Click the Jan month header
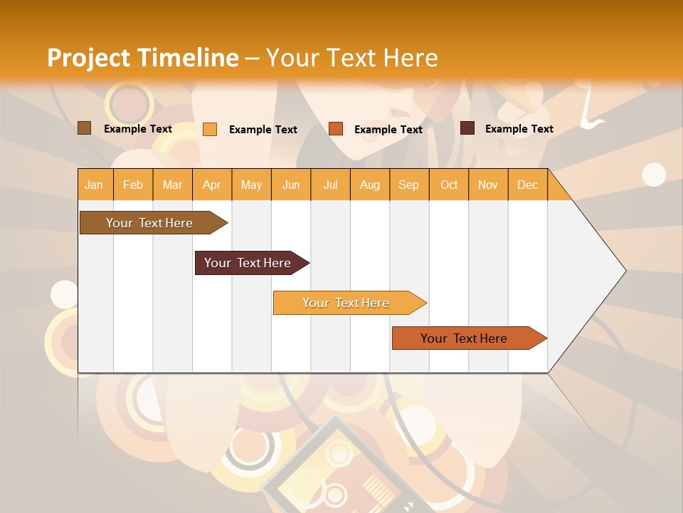click(94, 185)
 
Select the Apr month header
click(212, 185)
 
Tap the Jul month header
click(331, 185)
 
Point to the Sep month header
click(409, 185)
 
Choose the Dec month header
click(528, 185)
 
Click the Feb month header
click(133, 185)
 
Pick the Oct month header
click(449, 185)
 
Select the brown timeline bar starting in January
click(150, 223)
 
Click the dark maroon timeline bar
click(248, 263)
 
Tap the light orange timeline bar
click(346, 303)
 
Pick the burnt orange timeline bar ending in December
click(465, 338)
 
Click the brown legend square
click(85, 128)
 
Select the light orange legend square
click(210, 129)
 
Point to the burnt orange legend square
click(336, 129)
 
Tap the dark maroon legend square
click(467, 128)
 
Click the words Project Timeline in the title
click(143, 58)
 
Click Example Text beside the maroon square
click(519, 129)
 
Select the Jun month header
click(291, 185)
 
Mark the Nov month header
click(488, 185)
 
